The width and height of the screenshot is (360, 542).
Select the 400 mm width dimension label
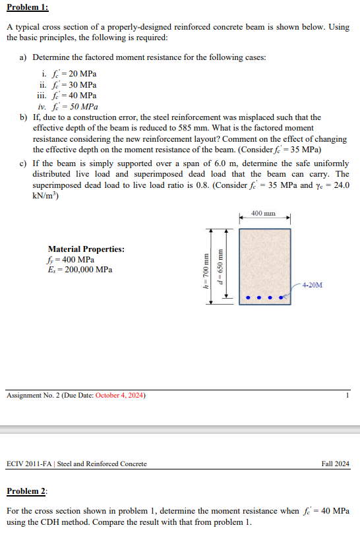tap(264, 214)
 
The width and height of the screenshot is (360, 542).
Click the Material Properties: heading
tap(86, 249)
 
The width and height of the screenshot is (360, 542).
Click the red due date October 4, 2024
tap(121, 396)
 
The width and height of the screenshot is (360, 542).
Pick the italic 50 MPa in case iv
tap(84, 106)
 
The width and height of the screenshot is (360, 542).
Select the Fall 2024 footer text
tap(336, 464)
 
